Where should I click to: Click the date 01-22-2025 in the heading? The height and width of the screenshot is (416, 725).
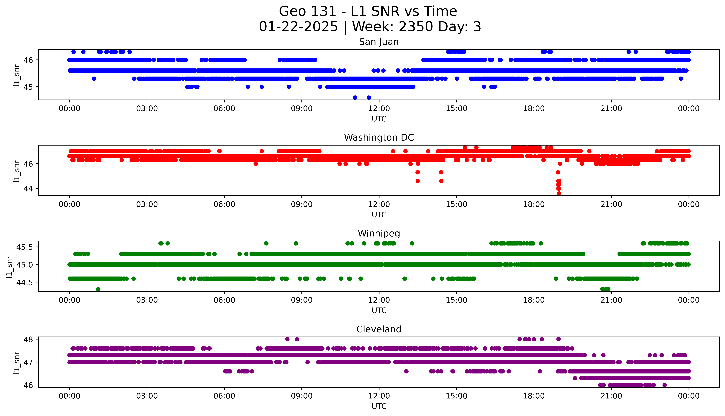click(298, 27)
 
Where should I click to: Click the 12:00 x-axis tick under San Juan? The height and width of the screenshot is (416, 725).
click(379, 109)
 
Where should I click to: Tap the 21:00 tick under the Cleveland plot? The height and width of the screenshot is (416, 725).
click(611, 396)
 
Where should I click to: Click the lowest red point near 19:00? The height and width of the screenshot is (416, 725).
click(559, 193)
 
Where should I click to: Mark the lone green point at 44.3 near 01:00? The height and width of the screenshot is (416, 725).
click(98, 289)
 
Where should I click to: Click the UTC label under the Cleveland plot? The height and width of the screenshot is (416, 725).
click(379, 406)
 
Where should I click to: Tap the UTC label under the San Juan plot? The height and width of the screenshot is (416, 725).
click(379, 119)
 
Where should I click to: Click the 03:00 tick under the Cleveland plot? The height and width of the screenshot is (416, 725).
click(147, 396)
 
